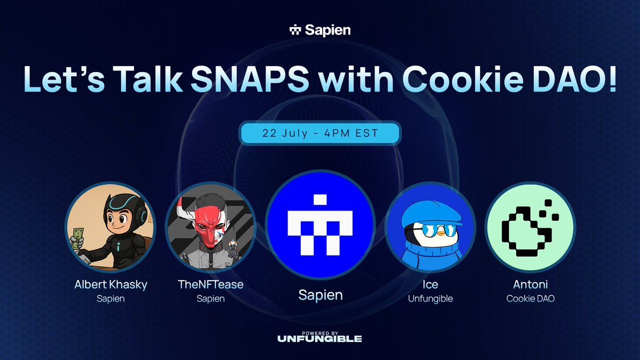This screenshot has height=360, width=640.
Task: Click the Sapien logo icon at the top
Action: click(295, 30)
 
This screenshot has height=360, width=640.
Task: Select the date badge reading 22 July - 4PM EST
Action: click(320, 133)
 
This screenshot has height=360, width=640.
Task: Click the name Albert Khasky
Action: click(111, 284)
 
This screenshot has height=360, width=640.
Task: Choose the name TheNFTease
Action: click(211, 284)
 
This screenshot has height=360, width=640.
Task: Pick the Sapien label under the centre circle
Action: click(320, 295)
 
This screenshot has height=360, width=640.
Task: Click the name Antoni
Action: click(530, 284)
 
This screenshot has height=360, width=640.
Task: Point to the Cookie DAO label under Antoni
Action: click(530, 299)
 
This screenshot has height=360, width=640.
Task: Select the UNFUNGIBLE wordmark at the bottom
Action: click(320, 339)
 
